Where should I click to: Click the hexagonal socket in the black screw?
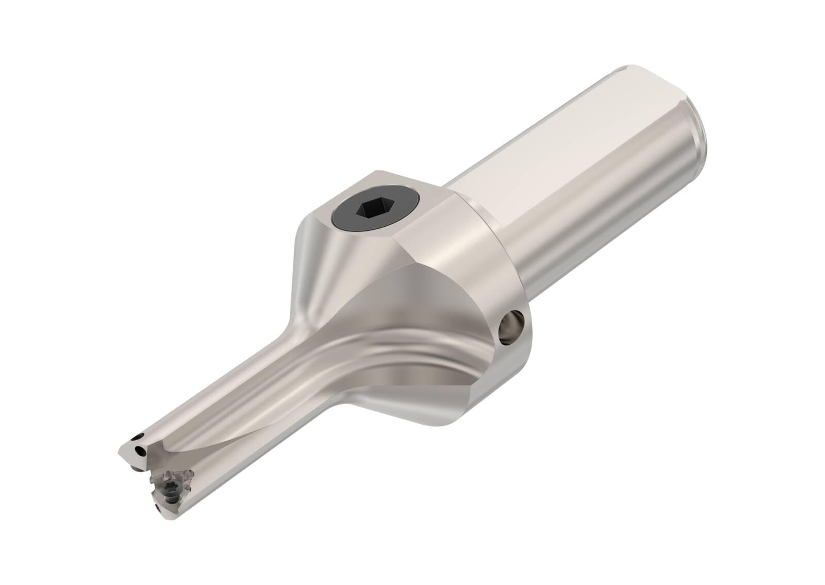pyautogui.click(x=368, y=210)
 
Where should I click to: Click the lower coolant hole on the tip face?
pyautogui.click(x=141, y=453)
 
